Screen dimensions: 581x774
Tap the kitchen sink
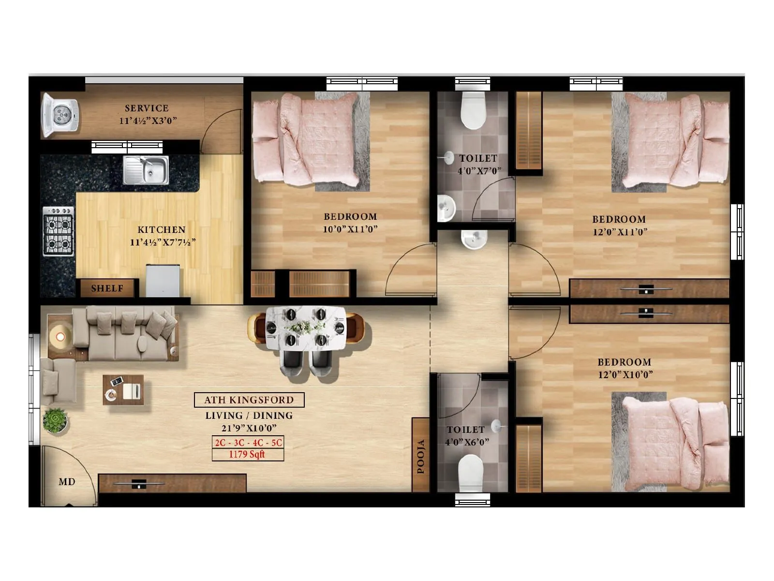(146, 170)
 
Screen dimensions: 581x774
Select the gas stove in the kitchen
(59, 231)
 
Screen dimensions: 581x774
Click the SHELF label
(107, 289)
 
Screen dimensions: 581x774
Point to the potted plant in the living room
(55, 420)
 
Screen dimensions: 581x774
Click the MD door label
(67, 482)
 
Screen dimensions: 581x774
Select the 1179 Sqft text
(247, 454)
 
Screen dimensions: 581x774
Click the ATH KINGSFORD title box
(249, 400)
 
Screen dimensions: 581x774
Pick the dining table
(306, 328)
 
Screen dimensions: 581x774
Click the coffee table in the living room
(123, 390)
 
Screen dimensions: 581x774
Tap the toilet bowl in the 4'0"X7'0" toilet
(473, 110)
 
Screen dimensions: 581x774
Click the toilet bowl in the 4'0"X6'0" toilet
(471, 472)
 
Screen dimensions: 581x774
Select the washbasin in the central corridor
(474, 239)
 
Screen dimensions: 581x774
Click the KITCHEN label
(162, 230)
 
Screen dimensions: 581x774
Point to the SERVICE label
(147, 108)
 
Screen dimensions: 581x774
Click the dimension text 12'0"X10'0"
(625, 374)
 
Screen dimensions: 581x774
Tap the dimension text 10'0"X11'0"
(350, 229)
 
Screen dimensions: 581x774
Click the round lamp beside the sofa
(60, 335)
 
